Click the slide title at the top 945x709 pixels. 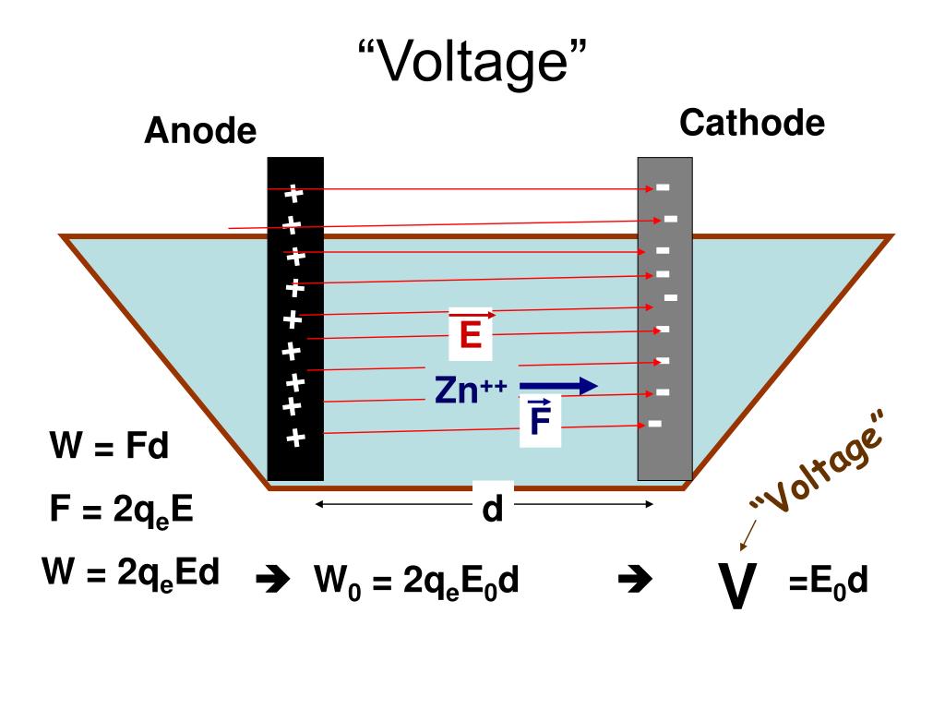[472, 62]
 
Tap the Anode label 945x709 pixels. [200, 131]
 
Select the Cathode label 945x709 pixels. [752, 123]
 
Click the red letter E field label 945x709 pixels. [471, 334]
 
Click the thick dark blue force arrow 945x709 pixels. [558, 386]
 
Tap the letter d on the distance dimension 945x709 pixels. [493, 509]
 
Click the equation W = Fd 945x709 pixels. [109, 446]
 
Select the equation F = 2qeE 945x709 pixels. [122, 511]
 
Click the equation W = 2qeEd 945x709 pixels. [130, 573]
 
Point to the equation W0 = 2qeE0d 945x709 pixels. [416, 582]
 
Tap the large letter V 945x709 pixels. [737, 586]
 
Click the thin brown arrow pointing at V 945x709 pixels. [748, 535]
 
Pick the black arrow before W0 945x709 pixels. [273, 580]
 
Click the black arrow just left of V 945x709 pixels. [635, 580]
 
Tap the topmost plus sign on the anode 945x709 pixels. [293, 194]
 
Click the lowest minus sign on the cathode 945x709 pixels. [654, 423]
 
